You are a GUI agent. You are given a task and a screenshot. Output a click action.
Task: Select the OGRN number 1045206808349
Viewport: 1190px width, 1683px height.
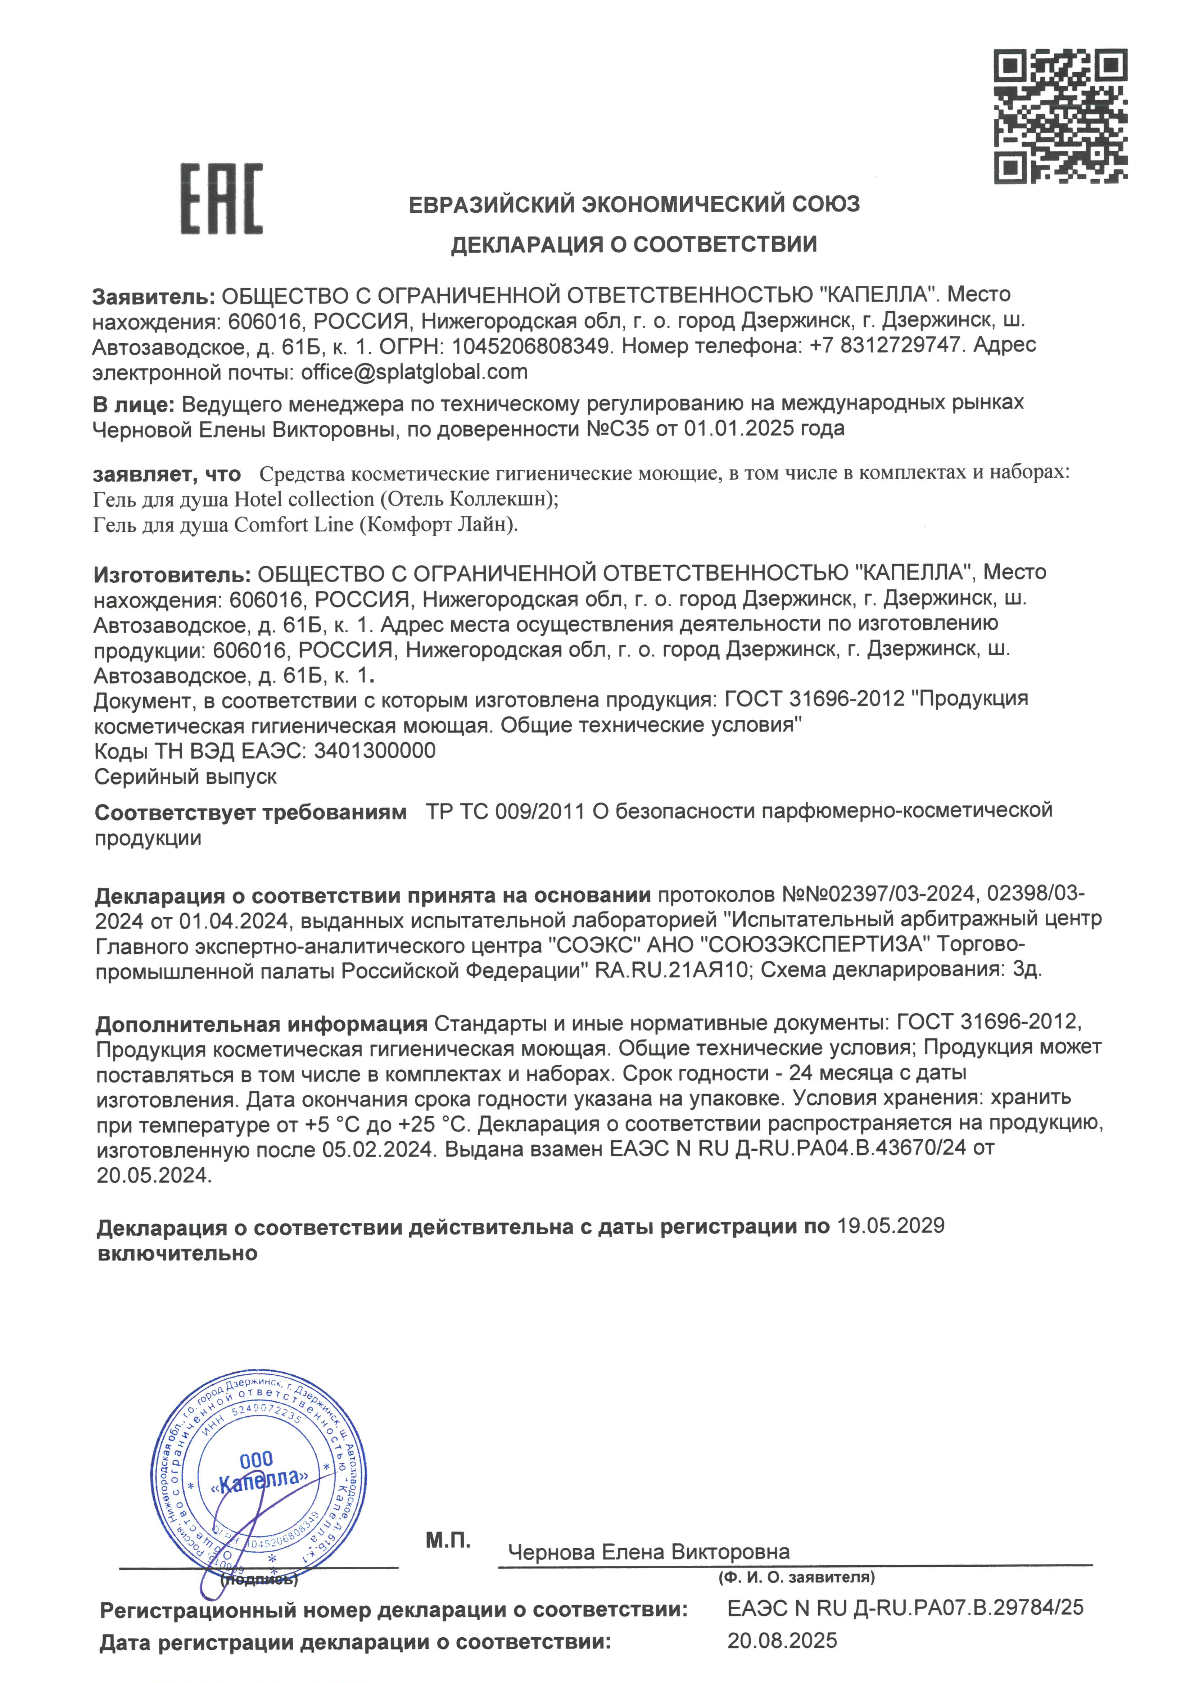pos(530,346)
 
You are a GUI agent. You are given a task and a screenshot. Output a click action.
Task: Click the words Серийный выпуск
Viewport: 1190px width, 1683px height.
pos(186,776)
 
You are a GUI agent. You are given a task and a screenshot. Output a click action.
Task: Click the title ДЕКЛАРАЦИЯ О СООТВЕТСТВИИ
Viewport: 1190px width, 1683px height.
pos(633,244)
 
